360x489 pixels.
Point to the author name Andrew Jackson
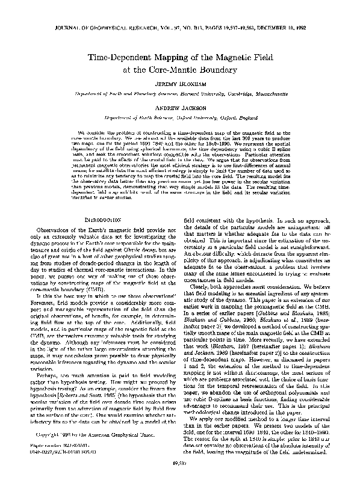point(181,108)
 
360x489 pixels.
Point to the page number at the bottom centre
point(181,480)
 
